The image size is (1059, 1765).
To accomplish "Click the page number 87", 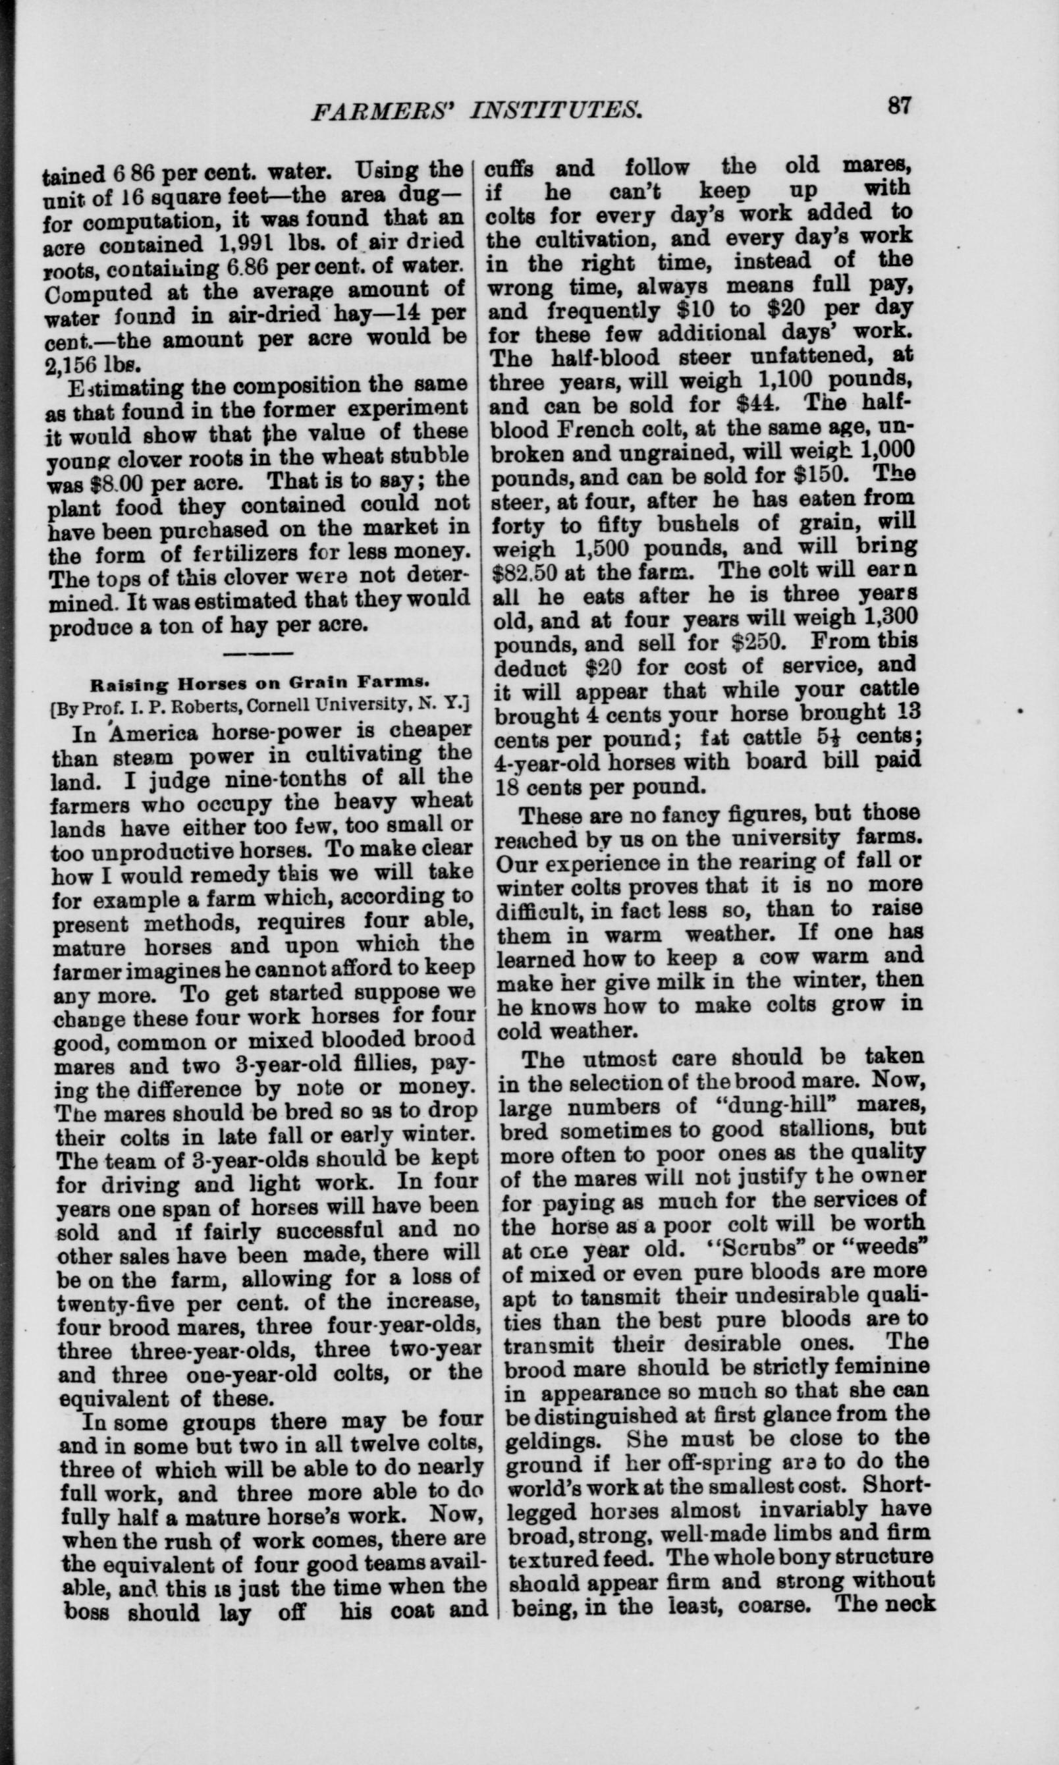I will tap(899, 106).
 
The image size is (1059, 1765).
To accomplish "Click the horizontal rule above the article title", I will tap(258, 654).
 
